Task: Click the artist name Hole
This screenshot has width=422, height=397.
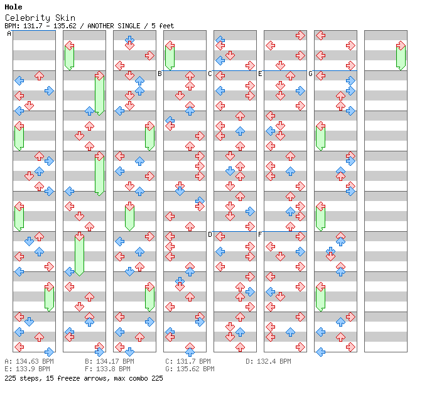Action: pos(13,7)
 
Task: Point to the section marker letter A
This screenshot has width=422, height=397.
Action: pos(9,34)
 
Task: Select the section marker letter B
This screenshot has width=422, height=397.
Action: pos(160,74)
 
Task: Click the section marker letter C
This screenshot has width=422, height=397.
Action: pos(210,74)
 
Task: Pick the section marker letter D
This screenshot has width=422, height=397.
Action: pos(210,235)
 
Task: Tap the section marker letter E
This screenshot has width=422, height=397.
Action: pos(260,74)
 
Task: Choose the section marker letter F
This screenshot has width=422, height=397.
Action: pos(260,235)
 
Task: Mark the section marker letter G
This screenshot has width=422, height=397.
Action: pos(310,74)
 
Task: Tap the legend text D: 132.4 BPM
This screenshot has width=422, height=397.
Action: pos(268,362)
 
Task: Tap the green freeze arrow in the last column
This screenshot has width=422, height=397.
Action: pos(401,57)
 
